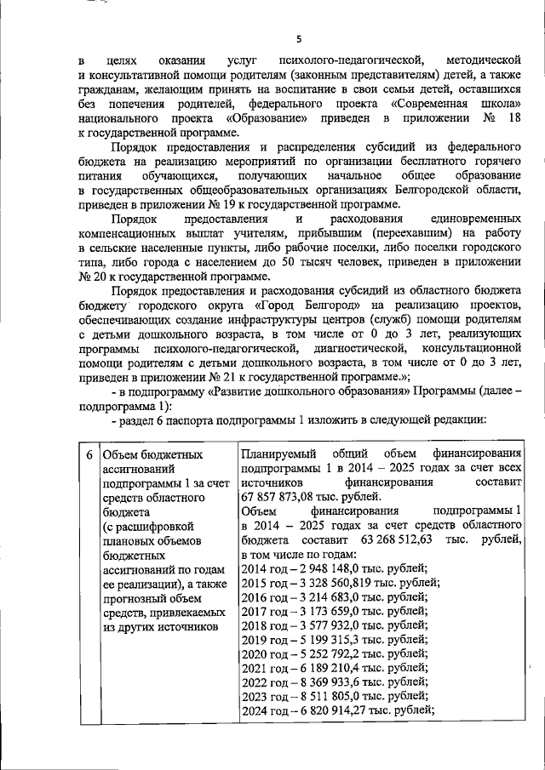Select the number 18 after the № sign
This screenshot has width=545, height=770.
tap(512, 117)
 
